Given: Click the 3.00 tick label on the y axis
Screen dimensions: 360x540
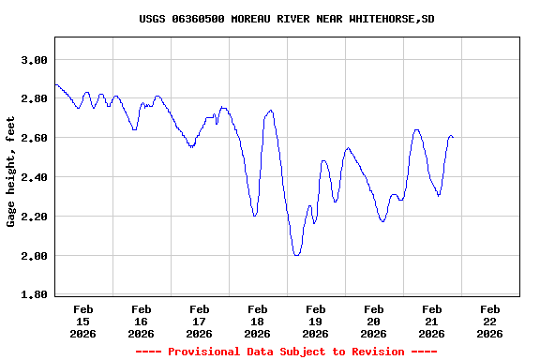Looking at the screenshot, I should tap(34, 60).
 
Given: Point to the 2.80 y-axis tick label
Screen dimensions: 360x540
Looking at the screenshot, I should tap(34, 99).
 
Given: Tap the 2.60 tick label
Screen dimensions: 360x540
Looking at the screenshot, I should tap(34, 138).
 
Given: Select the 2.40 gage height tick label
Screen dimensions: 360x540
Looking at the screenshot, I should tap(34, 177).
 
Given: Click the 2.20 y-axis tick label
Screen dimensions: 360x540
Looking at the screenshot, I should tap(34, 217).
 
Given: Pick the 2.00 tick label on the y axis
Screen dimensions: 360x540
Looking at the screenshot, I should tap(34, 256).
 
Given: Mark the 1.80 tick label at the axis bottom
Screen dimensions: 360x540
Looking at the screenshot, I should tap(34, 295).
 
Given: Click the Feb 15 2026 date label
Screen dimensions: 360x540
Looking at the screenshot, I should tap(83, 321).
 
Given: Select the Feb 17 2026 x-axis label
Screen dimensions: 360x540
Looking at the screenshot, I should tap(200, 321).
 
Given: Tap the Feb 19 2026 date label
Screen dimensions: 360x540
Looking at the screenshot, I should tap(316, 321).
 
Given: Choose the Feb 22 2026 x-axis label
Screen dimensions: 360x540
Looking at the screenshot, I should tap(489, 321).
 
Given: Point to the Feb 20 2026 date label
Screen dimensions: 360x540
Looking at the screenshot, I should tap(374, 321).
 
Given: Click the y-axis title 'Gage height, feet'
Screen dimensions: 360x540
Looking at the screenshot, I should tap(11, 178).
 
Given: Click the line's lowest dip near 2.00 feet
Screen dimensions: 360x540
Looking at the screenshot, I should tap(296, 255).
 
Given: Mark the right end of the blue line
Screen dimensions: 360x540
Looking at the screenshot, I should tap(453, 137).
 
